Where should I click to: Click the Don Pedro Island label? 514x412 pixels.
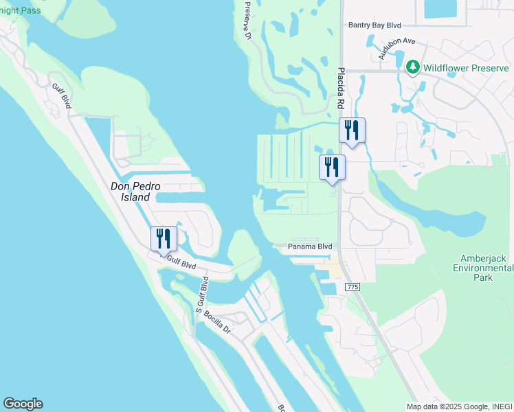(131, 191)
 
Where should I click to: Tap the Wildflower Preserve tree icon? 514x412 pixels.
(412, 67)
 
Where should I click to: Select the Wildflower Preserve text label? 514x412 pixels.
(466, 68)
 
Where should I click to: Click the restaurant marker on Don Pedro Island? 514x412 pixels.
(164, 239)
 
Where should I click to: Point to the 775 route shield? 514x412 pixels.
(353, 286)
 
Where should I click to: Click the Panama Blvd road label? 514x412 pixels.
(310, 247)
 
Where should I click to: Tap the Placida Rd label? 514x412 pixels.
(340, 88)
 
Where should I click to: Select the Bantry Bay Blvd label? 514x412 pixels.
(374, 25)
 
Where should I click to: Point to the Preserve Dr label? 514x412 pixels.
(248, 21)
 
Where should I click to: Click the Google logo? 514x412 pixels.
(23, 404)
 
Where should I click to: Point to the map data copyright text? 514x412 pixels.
(459, 407)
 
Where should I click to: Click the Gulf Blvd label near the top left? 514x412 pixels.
(61, 96)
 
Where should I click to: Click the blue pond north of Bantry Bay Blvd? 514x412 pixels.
(443, 8)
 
